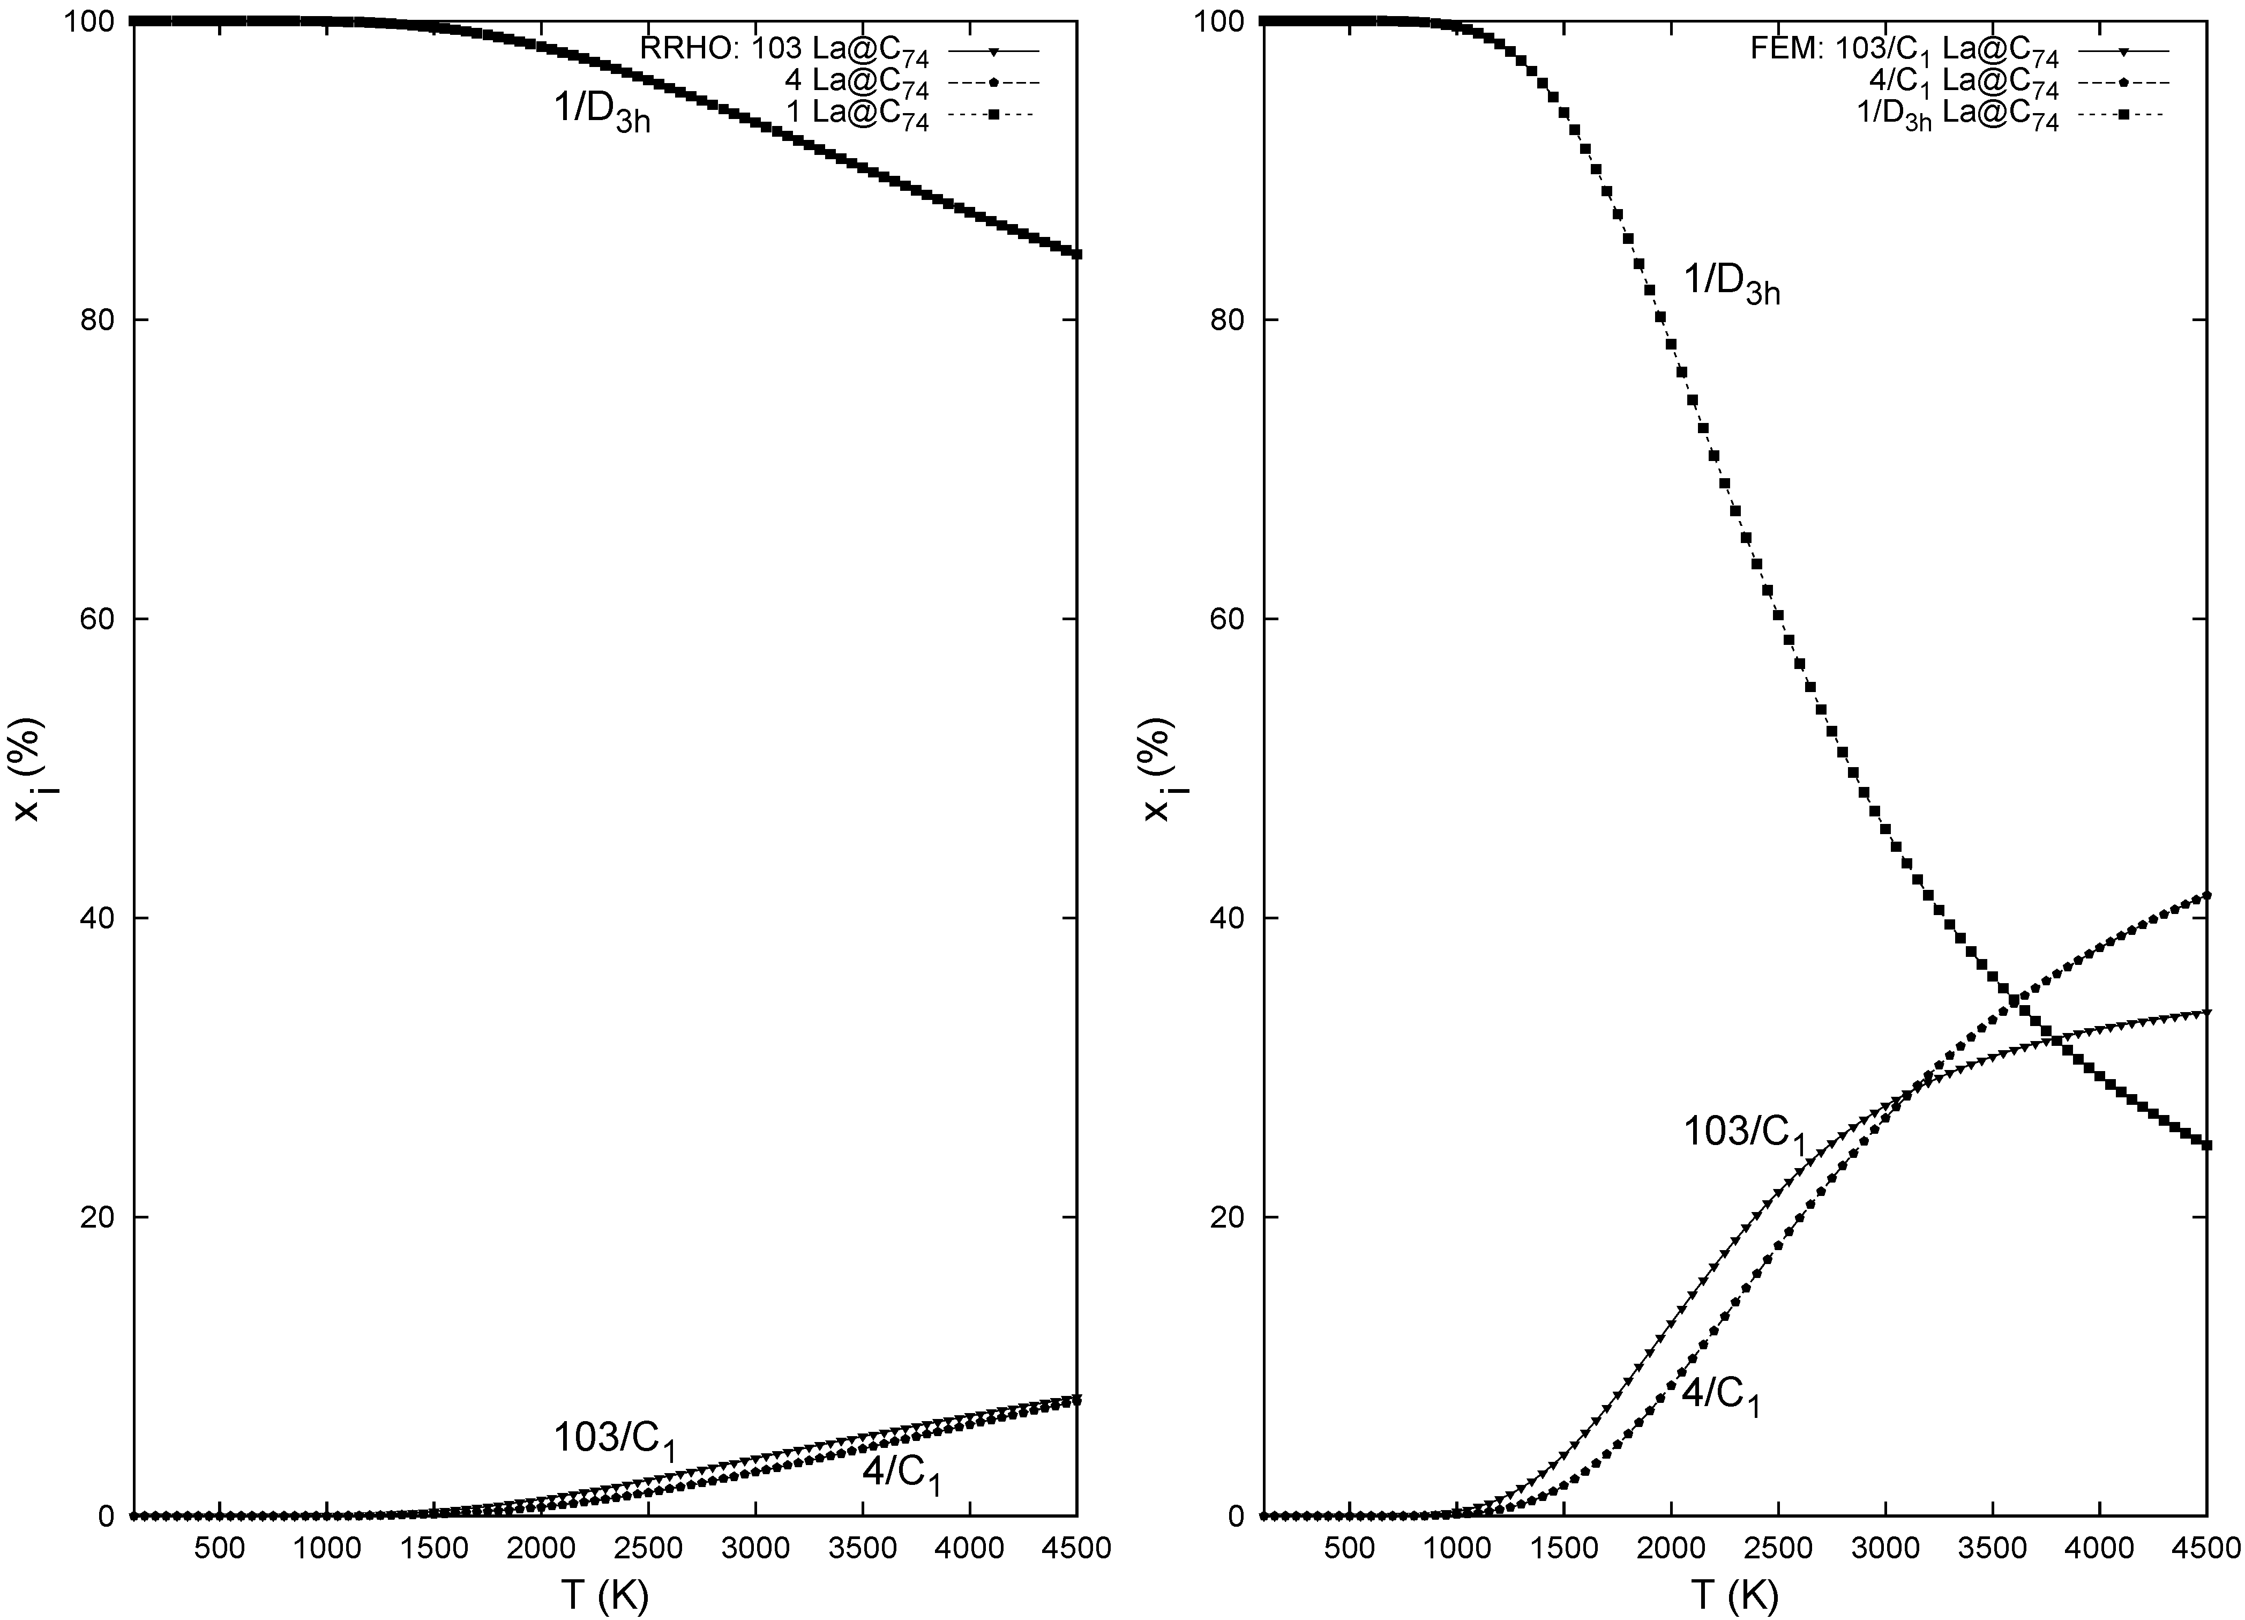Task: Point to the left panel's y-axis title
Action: click(x=29, y=768)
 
